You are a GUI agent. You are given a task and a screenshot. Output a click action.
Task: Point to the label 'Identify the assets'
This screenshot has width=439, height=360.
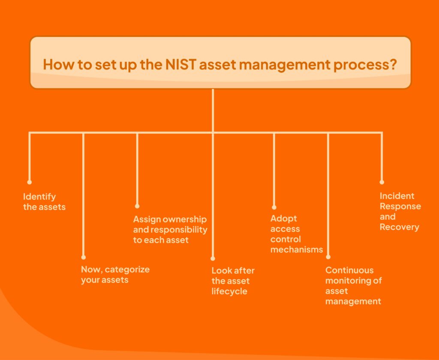tap(44, 202)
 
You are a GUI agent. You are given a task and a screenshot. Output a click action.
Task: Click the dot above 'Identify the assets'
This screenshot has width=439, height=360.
tap(30, 182)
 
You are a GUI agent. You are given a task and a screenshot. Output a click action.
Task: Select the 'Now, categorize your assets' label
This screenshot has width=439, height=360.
tap(115, 275)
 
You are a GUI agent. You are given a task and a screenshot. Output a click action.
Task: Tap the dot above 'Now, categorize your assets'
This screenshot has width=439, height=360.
tap(84, 258)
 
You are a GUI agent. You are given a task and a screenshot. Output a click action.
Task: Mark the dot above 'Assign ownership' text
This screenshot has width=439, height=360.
tap(137, 206)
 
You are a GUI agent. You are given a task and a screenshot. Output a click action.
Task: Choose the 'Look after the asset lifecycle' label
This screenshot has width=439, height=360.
tap(233, 281)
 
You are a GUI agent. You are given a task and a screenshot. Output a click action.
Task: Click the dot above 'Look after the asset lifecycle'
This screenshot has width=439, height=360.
tap(213, 259)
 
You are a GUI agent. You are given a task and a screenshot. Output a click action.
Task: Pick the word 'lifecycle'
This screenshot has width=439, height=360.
tap(229, 291)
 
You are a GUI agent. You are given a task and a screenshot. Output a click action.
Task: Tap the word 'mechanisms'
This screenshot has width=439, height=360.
tap(297, 249)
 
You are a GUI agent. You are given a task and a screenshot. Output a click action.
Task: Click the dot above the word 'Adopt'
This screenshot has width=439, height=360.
tap(274, 207)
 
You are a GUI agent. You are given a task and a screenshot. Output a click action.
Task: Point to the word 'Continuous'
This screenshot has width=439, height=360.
tap(349, 270)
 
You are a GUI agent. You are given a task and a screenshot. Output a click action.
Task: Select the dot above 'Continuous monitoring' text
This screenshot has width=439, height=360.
tap(328, 257)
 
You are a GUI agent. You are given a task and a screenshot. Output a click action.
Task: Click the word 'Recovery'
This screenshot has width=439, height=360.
tap(399, 227)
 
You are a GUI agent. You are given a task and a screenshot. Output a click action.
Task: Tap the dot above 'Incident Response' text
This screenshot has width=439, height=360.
tap(382, 182)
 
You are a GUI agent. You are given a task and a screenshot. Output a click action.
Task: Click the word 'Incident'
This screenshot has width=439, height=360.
tap(397, 196)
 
